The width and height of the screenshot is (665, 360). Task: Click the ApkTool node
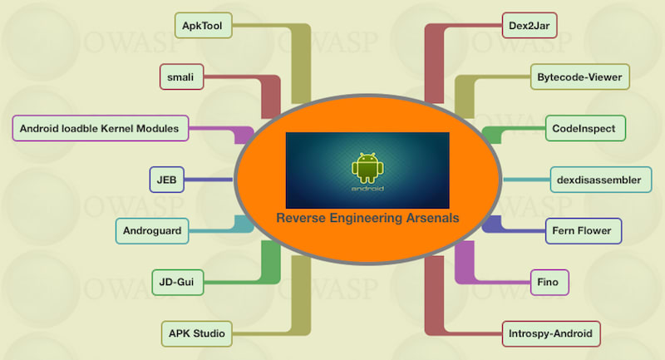(x=204, y=26)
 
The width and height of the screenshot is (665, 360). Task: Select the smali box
(x=181, y=77)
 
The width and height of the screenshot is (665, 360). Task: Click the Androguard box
(x=152, y=230)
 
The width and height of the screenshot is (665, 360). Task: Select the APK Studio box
(x=197, y=334)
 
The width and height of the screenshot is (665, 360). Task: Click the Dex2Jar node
(x=530, y=26)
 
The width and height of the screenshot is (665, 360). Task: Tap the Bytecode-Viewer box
(x=579, y=77)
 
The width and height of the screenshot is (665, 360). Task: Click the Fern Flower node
(x=583, y=230)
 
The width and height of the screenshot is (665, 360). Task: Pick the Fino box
(x=550, y=283)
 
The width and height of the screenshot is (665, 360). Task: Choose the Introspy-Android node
(x=551, y=334)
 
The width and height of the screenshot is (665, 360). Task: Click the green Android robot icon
(x=367, y=167)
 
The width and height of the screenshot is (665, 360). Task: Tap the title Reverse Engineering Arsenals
(x=367, y=218)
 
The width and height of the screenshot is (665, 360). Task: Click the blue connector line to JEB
(x=208, y=179)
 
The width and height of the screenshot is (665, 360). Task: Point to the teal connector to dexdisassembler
(x=524, y=179)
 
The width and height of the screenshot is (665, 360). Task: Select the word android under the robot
(x=367, y=189)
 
